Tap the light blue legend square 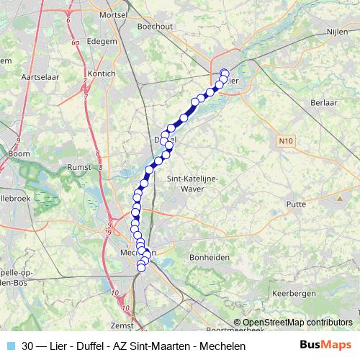[9, 346]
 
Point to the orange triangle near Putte [339, 197]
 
